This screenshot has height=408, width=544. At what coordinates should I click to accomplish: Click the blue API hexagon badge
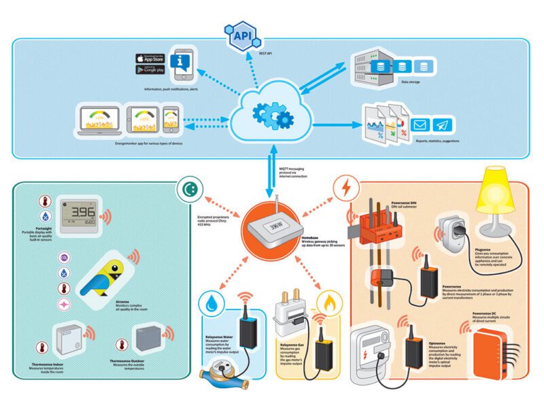pyautogui.click(x=245, y=35)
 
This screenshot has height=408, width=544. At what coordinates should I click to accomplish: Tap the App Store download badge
pyautogui.click(x=152, y=58)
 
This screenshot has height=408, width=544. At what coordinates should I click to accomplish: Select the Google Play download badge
pyautogui.click(x=152, y=69)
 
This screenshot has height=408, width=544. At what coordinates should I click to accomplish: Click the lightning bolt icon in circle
pyautogui.click(x=345, y=187)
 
